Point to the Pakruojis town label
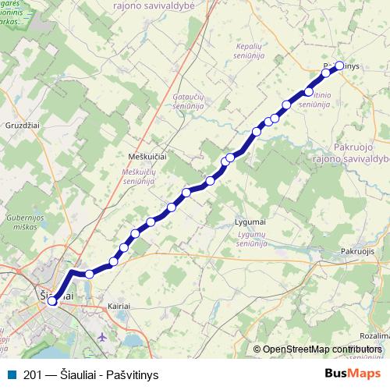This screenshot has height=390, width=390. click(x=358, y=251)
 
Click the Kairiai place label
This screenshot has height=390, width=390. click(x=119, y=307)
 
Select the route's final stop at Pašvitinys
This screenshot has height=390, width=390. click(x=339, y=66)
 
